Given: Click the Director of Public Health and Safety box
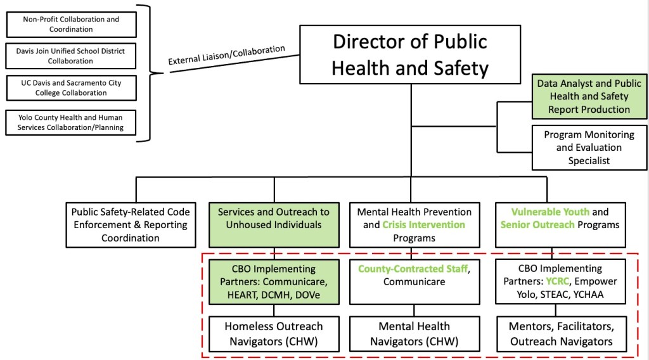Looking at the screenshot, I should coord(410,54).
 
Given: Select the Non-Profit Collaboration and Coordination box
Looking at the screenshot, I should coord(71,24).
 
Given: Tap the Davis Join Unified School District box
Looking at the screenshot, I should coord(71,56).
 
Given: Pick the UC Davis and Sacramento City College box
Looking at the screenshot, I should coord(71,87).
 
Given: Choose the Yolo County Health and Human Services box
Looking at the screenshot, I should coord(71,122).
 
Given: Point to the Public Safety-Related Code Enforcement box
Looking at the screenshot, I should coord(130,224).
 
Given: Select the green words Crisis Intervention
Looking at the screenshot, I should coord(423,224).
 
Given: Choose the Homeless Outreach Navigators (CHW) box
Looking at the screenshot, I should coord(273,334).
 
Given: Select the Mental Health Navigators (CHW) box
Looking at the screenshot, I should coord(414,334).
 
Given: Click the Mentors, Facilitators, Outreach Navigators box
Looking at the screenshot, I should coord(561,334).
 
